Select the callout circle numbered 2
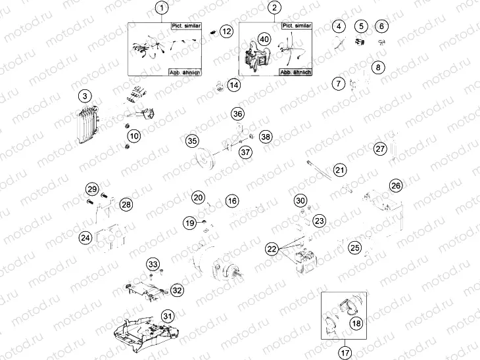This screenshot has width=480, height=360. click(274, 9)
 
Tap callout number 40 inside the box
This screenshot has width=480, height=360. click(264, 39)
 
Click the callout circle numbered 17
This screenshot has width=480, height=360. click(345, 353)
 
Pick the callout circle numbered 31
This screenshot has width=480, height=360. click(168, 316)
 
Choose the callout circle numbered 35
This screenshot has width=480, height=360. click(192, 141)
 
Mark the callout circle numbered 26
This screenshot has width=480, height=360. click(395, 185)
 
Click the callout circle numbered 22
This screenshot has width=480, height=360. click(272, 249)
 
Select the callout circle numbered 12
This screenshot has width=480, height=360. click(226, 31)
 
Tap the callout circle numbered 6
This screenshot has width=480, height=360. click(382, 27)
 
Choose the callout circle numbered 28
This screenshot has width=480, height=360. click(126, 204)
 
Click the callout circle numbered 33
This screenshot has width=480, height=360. click(153, 264)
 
